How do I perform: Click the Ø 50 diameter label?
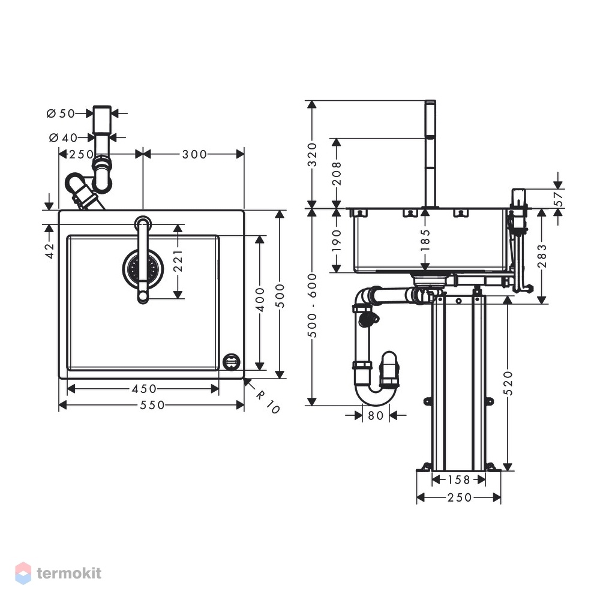click(x=61, y=113)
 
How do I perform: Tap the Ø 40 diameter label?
click(x=63, y=137)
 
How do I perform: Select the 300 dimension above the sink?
click(x=194, y=154)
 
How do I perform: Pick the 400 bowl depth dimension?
click(x=260, y=299)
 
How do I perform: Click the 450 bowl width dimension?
click(x=144, y=389)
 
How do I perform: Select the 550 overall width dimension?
click(x=152, y=405)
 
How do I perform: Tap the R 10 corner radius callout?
click(x=268, y=402)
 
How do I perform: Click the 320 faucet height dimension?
click(x=313, y=155)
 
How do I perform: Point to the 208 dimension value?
click(x=337, y=173)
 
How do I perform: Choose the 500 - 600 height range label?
click(x=313, y=305)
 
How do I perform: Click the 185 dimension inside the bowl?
click(x=425, y=240)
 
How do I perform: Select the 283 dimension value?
click(x=542, y=256)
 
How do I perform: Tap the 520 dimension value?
click(x=508, y=383)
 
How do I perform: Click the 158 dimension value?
click(x=458, y=479)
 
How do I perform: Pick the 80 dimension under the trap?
click(x=376, y=415)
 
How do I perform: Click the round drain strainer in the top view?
click(x=143, y=268)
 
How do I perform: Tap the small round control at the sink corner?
click(x=232, y=362)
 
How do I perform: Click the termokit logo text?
click(x=69, y=573)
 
